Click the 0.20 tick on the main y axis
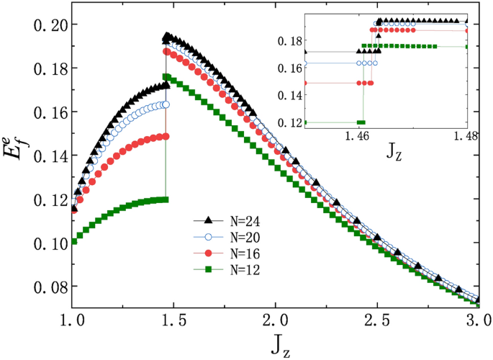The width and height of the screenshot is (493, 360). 44,24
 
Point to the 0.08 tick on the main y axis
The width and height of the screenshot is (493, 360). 44,287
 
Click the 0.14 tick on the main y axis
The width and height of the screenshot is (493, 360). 44,156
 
